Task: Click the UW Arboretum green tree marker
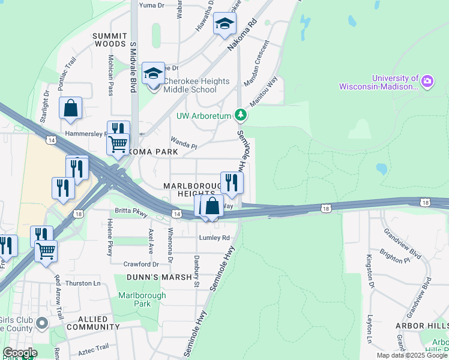(x=241, y=114)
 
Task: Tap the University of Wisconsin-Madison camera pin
(x=427, y=81)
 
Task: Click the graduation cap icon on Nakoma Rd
(x=225, y=25)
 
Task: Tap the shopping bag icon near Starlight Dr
(x=71, y=109)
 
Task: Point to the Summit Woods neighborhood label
(x=109, y=40)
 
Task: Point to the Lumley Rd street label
(x=214, y=238)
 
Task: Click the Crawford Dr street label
(x=141, y=264)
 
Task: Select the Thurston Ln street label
(x=83, y=283)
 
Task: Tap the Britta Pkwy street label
(x=131, y=211)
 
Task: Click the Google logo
(x=20, y=353)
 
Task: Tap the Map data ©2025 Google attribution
(x=411, y=355)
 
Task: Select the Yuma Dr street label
(x=151, y=5)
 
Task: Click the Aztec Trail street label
(x=92, y=347)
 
